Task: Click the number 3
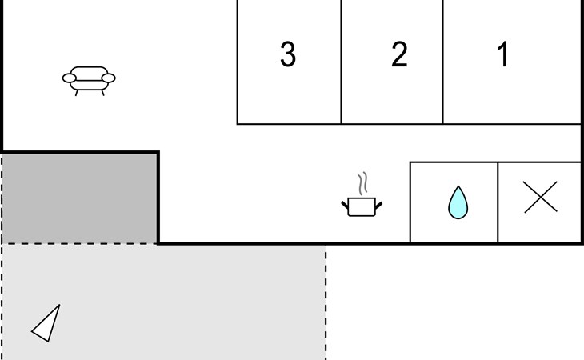288,54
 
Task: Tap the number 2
399,54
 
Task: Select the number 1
503,54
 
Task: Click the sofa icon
89,79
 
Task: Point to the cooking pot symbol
362,206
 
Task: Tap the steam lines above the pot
364,184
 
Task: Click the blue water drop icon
457,202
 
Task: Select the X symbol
540,197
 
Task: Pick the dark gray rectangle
80,197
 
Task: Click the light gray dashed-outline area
200,304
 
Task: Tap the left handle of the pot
345,205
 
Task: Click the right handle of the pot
378,205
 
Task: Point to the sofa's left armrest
69,78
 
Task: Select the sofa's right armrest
110,78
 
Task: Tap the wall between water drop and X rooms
498,202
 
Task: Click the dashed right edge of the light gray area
326,304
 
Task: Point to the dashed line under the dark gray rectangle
80,244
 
